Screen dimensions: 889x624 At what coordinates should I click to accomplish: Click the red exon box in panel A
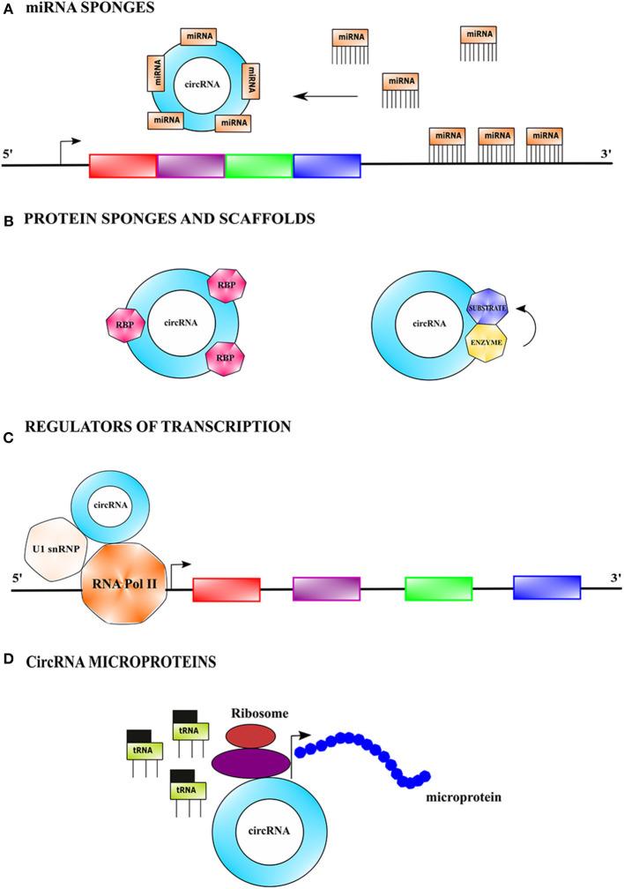click(123, 166)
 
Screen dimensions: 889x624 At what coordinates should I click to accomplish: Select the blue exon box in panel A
click(327, 166)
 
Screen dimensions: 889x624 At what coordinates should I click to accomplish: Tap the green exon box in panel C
click(438, 588)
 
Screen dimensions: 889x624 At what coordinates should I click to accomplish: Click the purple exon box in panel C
click(326, 588)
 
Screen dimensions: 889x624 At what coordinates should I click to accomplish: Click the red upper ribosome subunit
click(250, 736)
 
